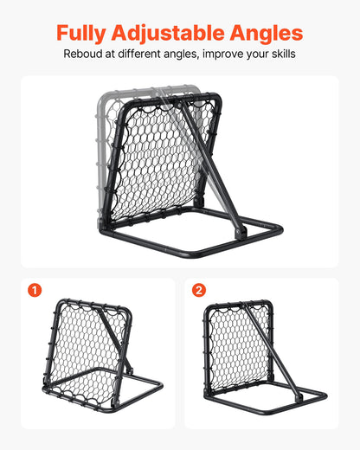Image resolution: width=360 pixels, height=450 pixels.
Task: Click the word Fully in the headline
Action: pos(80,34)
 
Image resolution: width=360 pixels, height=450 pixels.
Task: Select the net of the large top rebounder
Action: pos(160,164)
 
